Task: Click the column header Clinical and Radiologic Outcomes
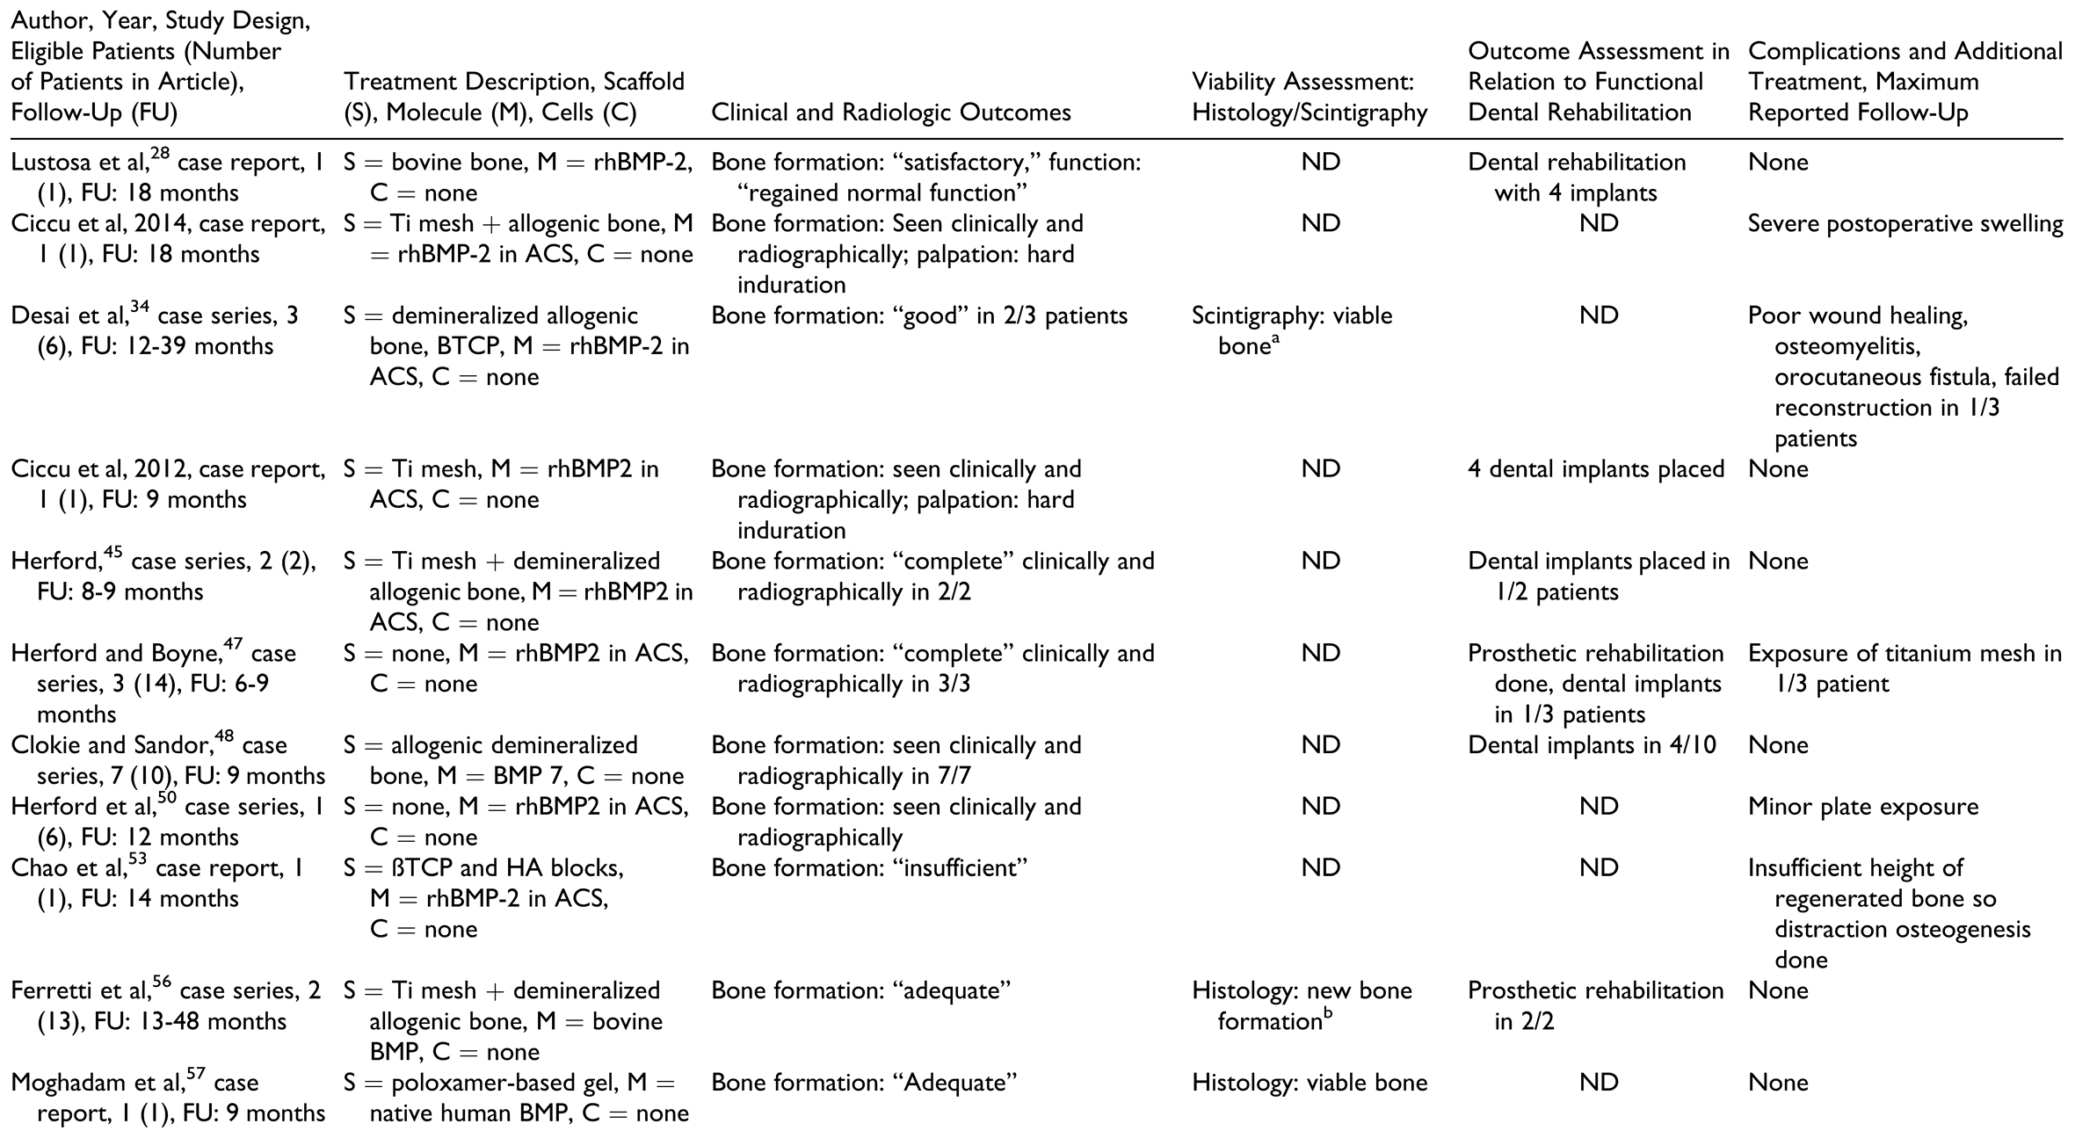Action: click(890, 113)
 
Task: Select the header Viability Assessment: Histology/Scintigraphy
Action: click(1309, 98)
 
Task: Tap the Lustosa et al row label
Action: click(167, 178)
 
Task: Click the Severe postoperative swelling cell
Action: click(1905, 224)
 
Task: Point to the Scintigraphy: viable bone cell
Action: click(1291, 330)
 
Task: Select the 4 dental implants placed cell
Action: click(1595, 469)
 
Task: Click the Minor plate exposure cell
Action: click(1862, 807)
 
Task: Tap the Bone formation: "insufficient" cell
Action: click(869, 868)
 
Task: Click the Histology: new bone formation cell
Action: click(1301, 1005)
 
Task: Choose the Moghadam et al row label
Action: click(167, 1098)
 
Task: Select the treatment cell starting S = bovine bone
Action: click(518, 178)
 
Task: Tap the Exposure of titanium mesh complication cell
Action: click(1904, 668)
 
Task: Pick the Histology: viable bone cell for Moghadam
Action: click(1309, 1083)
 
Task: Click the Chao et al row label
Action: click(158, 883)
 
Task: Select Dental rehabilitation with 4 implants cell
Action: click(1577, 178)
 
